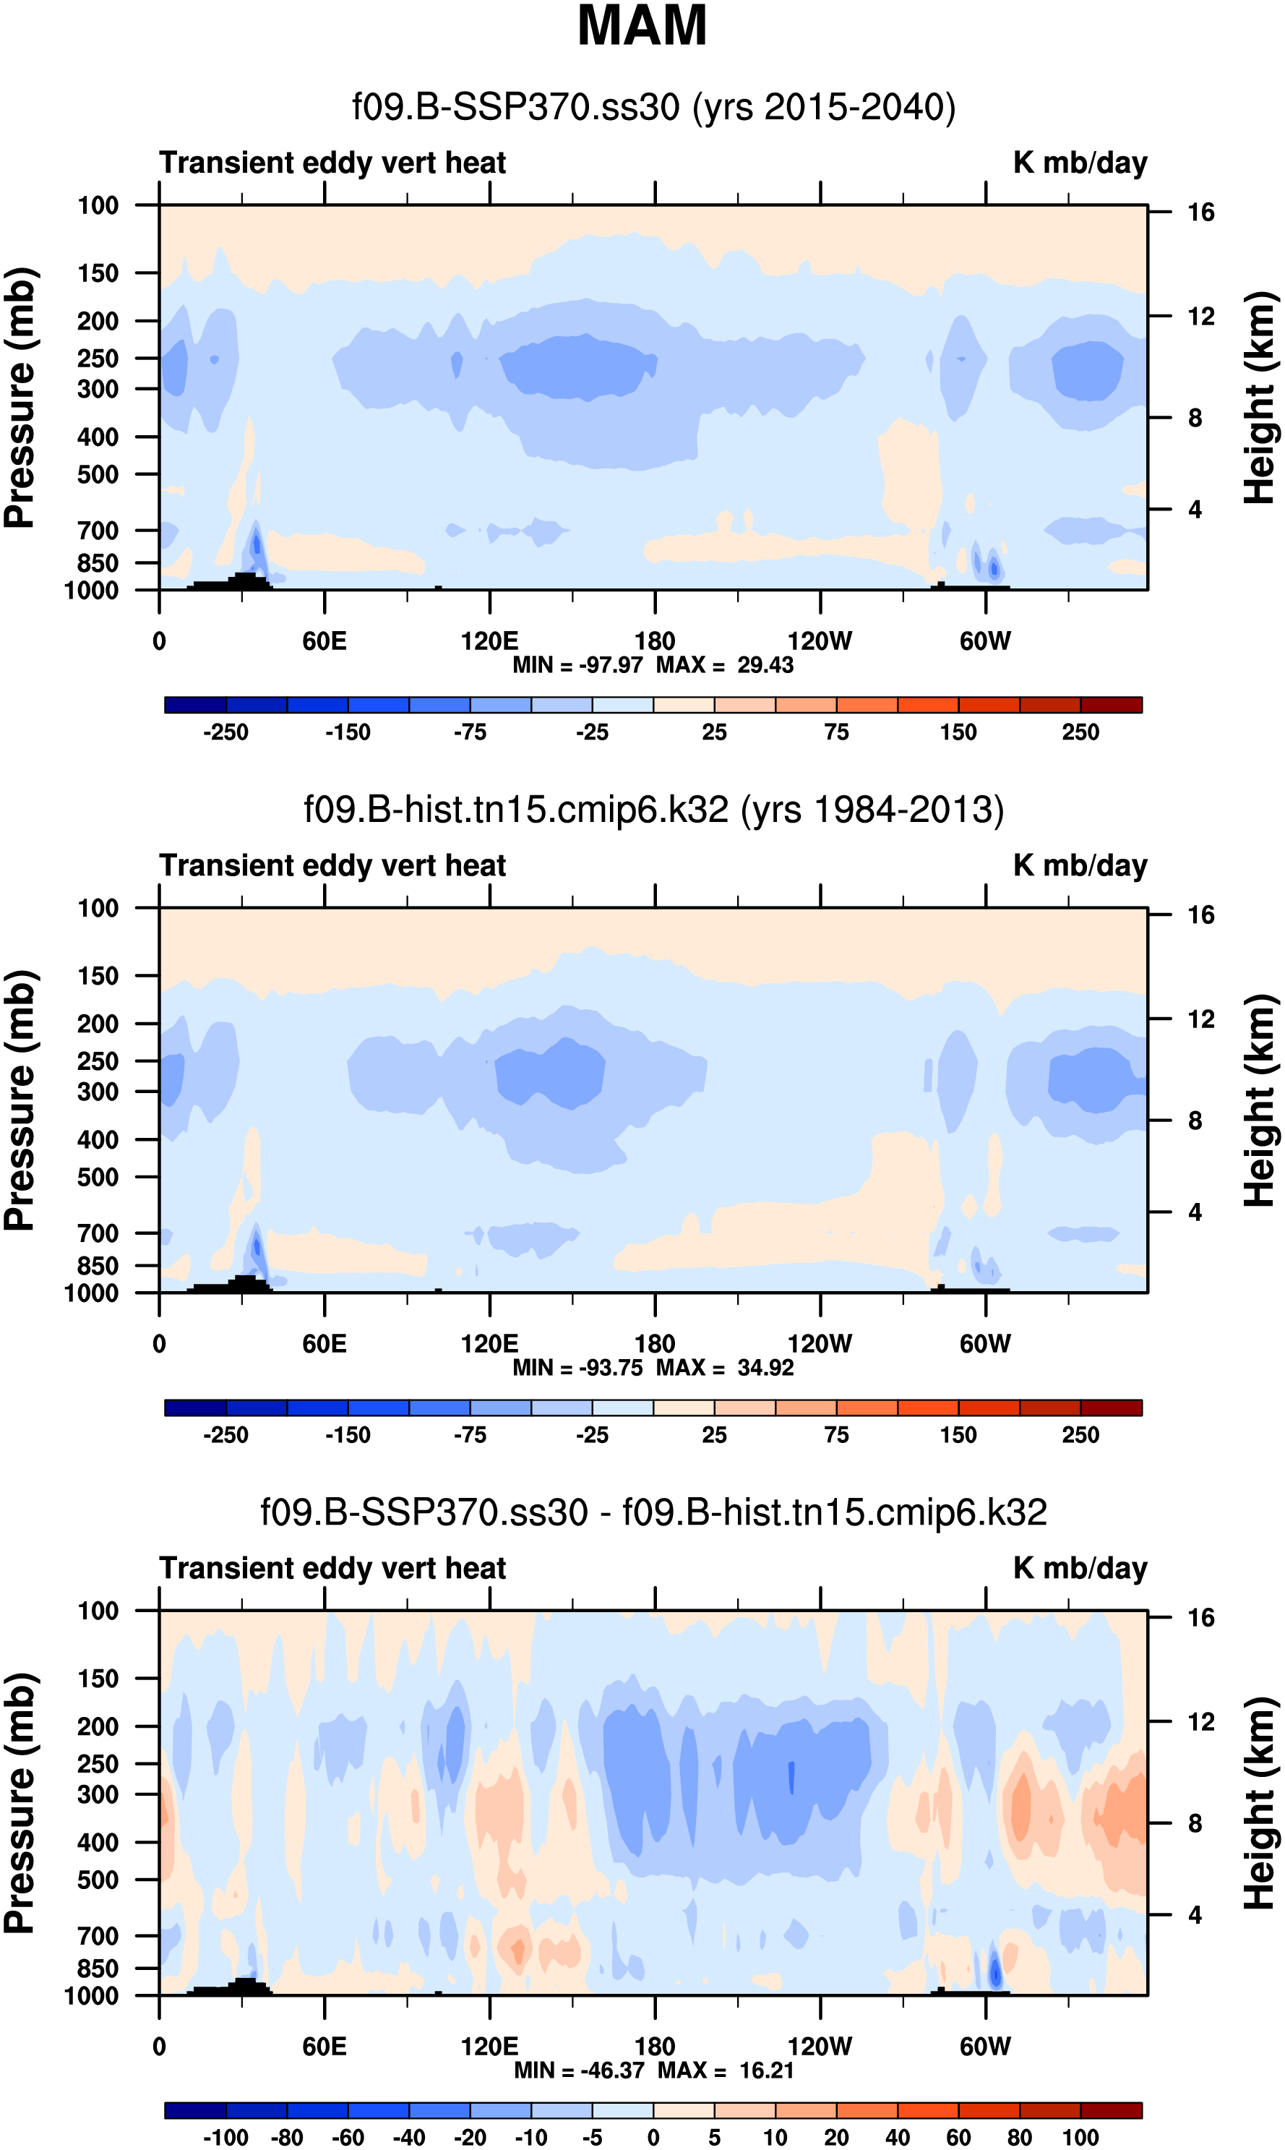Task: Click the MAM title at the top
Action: point(642,26)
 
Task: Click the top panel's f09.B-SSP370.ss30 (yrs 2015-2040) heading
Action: point(654,108)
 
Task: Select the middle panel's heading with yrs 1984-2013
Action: point(654,810)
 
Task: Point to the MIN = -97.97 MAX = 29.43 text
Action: point(653,665)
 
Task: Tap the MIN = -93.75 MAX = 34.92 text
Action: point(653,1367)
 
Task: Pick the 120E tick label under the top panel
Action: point(489,642)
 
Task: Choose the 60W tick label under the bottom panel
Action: point(984,2046)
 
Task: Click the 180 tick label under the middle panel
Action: point(655,1344)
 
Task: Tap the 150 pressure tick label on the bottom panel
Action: point(98,1678)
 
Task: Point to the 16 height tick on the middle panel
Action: point(1200,915)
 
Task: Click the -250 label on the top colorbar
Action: point(225,732)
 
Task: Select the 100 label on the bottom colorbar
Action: point(1080,2137)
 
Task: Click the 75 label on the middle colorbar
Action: point(835,1435)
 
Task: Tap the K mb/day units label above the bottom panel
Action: point(1080,1567)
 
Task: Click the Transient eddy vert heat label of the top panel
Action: point(332,163)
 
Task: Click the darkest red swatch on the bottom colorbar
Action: point(1111,2110)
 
